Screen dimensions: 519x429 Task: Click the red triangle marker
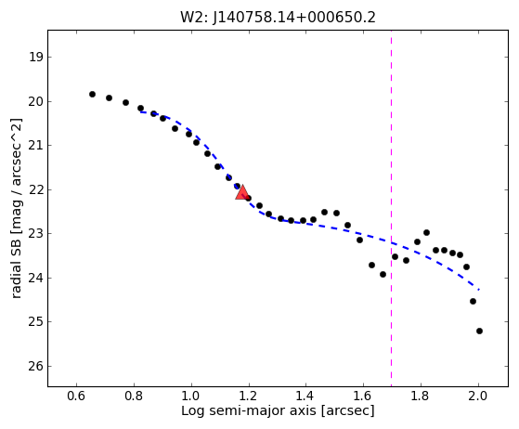242,192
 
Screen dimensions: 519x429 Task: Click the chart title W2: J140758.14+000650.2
278,18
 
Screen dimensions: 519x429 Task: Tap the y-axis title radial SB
16,209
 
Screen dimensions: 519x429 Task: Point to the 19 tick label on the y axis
36,58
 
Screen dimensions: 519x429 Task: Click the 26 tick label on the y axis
36,366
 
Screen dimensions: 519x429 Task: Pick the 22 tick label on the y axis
36,189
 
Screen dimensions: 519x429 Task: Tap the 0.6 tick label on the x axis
76,396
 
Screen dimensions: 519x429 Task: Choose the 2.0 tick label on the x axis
478,396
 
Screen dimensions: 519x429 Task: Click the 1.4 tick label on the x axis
305,396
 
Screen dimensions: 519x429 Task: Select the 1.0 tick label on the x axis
191,396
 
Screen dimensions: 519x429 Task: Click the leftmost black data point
92,95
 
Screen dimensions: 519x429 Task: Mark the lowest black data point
479,331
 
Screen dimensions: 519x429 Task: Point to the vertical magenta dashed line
391,208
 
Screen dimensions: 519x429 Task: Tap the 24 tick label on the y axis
36,278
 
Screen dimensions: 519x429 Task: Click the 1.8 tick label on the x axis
421,396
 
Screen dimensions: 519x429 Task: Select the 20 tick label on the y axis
36,101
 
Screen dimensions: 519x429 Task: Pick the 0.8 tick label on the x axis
134,396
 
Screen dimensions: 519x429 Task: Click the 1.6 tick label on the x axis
363,396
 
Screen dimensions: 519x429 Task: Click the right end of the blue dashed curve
479,290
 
